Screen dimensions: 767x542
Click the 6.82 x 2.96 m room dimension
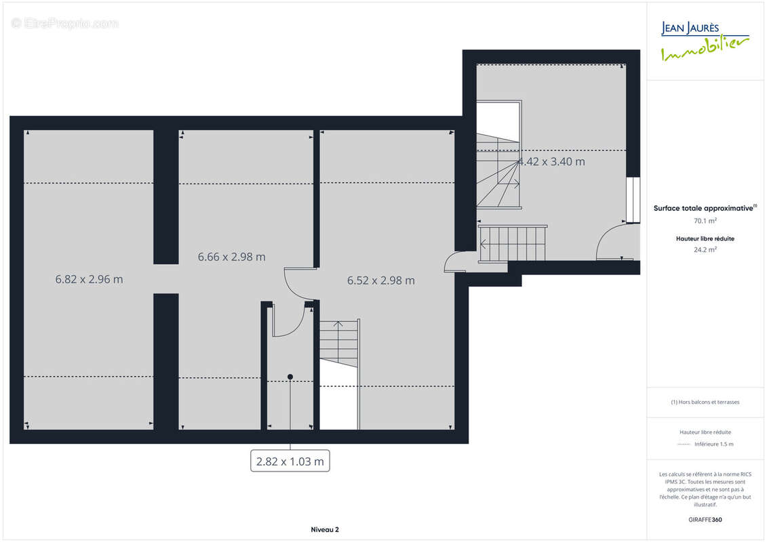[x=89, y=279]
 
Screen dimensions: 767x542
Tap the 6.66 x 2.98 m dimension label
[x=231, y=257]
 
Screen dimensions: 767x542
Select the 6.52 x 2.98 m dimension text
[x=381, y=280]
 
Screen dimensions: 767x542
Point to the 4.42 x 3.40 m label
[x=551, y=161]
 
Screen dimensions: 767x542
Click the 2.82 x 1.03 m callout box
[x=290, y=461]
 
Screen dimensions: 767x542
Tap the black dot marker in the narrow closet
[x=290, y=377]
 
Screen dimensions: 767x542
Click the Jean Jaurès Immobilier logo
[x=705, y=41]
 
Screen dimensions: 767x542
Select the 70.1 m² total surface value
[x=705, y=221]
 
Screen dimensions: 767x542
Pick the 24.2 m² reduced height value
[x=705, y=250]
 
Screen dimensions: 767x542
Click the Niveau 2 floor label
[x=325, y=529]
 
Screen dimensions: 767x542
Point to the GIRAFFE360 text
[x=705, y=520]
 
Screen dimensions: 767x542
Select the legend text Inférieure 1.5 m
[x=713, y=444]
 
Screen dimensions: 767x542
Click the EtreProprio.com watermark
[x=64, y=23]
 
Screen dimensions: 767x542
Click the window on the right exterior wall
[x=633, y=200]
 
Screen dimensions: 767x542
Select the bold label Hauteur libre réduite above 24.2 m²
[x=705, y=238]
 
